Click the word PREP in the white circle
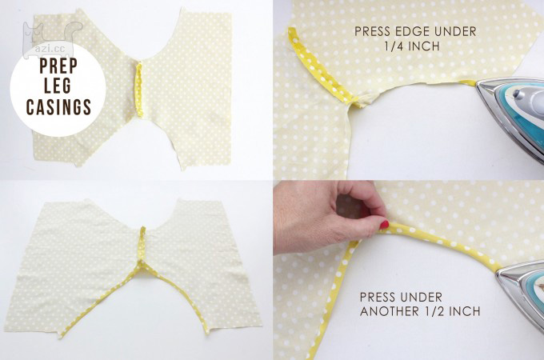click(x=58, y=66)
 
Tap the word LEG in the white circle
click(x=58, y=86)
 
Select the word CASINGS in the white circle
click(x=58, y=106)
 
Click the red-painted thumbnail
click(x=384, y=224)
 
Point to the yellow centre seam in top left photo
click(x=139, y=90)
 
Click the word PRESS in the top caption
click(x=370, y=31)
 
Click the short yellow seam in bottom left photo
click(x=142, y=243)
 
